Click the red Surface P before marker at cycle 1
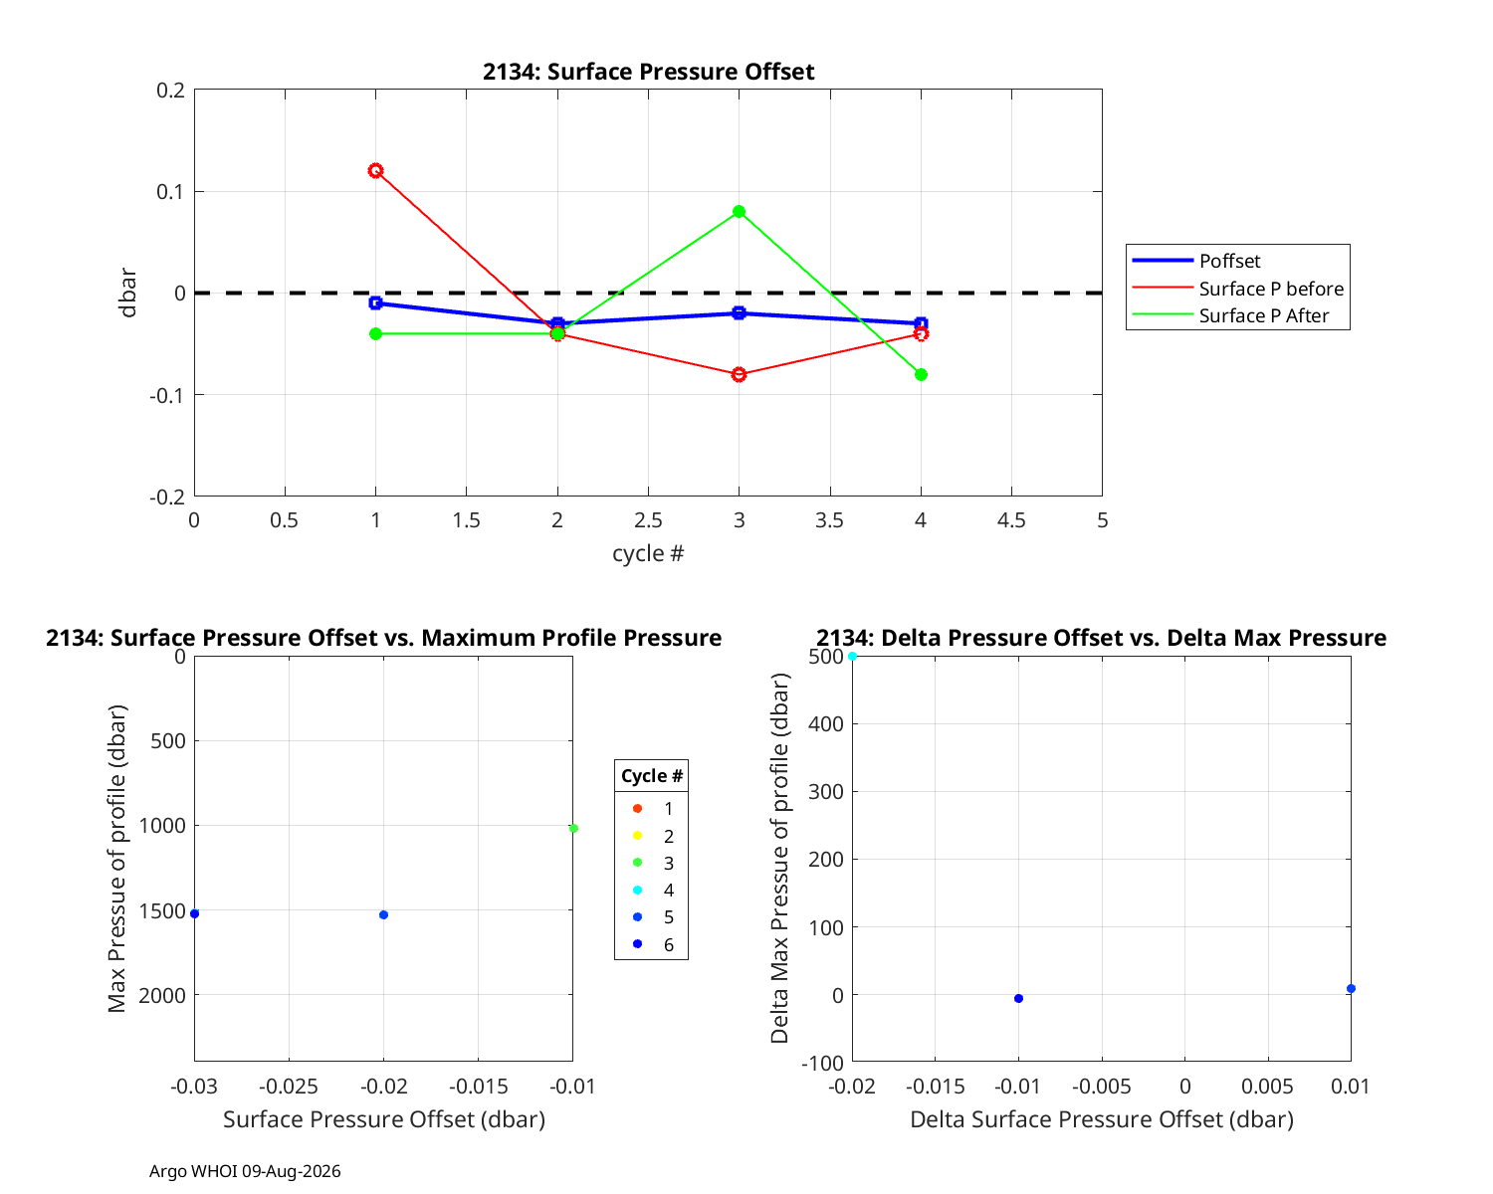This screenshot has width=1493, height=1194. (x=375, y=171)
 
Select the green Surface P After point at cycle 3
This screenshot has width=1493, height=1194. (x=739, y=212)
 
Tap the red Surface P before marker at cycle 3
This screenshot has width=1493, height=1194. (x=739, y=375)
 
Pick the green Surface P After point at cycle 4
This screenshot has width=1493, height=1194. (x=921, y=375)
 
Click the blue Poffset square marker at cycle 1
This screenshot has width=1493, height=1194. (x=375, y=302)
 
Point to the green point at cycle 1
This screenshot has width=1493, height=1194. (x=375, y=333)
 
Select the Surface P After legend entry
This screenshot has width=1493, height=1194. (x=1229, y=315)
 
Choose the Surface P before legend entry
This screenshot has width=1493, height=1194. (x=1236, y=288)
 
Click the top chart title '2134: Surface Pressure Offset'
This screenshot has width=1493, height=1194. (x=648, y=72)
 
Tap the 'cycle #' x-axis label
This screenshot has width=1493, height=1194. (x=648, y=553)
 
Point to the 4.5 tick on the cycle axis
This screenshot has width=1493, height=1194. (x=1011, y=520)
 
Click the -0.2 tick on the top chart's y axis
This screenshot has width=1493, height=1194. (x=167, y=497)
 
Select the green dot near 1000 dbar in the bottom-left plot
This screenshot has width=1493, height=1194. (x=573, y=828)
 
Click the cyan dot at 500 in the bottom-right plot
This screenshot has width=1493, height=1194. (x=852, y=656)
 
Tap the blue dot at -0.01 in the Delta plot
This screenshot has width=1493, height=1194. (x=1018, y=998)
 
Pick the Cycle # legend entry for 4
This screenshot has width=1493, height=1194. (x=653, y=891)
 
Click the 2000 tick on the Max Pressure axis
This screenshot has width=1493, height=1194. (x=161, y=995)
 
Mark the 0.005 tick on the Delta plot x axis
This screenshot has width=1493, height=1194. (x=1267, y=1086)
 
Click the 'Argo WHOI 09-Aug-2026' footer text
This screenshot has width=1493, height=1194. (x=245, y=1171)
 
